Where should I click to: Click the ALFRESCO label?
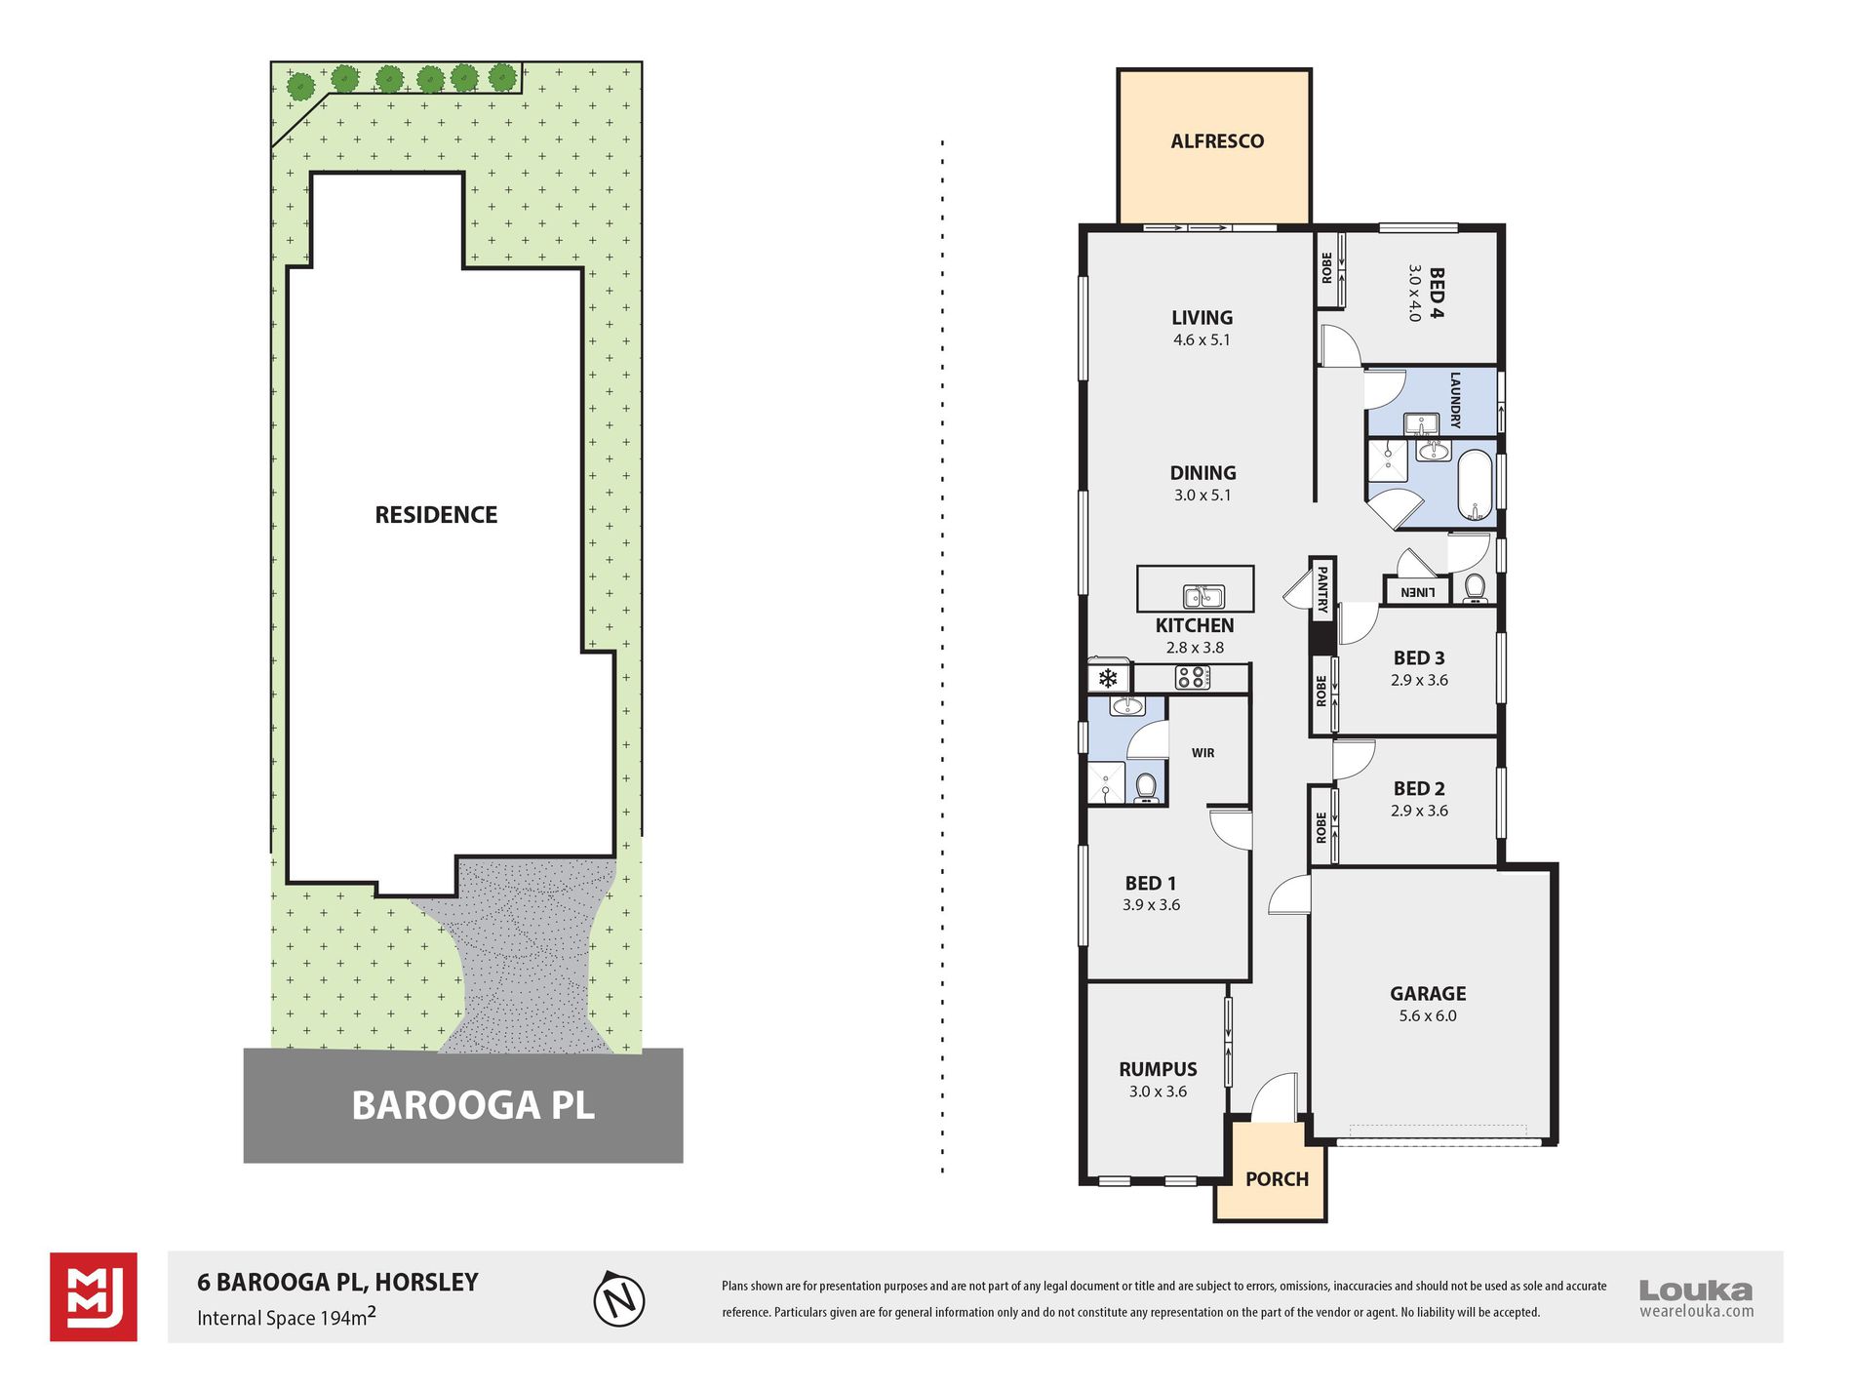(1217, 141)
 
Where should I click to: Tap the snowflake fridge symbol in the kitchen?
(1108, 678)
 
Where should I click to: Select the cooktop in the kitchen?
(1193, 677)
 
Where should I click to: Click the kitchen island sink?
(1204, 596)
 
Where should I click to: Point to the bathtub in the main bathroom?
(1476, 486)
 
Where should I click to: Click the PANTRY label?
(1322, 589)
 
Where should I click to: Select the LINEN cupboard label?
(1417, 592)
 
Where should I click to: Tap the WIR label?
(1203, 753)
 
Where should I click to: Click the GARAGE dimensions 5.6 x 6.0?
(1428, 1016)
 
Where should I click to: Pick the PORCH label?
(1277, 1179)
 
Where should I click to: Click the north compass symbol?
(619, 1299)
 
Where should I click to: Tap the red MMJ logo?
(94, 1297)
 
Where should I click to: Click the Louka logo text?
(1696, 1291)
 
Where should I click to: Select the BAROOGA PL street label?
(473, 1106)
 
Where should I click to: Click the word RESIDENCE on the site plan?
(436, 515)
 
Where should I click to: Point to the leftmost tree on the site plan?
(301, 87)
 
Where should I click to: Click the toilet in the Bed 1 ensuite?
(1146, 786)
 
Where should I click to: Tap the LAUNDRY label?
(1455, 400)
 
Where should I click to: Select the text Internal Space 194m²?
(287, 1317)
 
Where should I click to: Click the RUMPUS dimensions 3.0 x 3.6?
(1158, 1092)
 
